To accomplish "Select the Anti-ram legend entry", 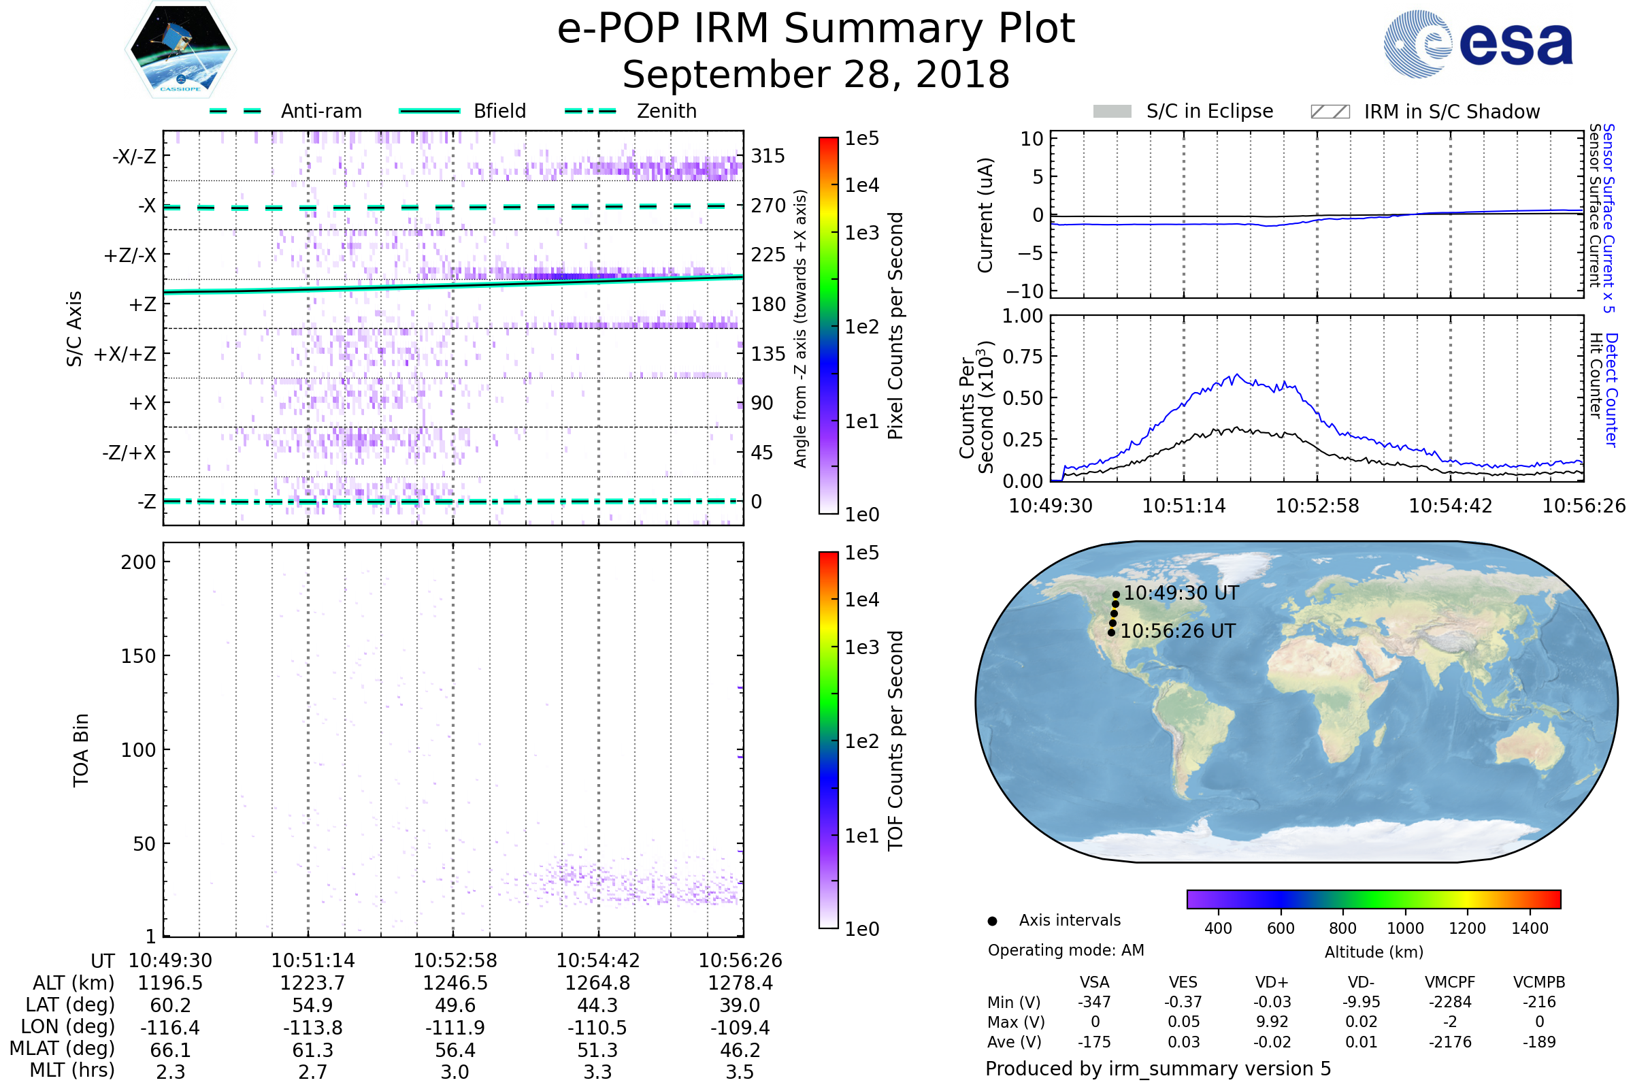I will coord(320,111).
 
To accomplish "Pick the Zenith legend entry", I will coord(666,111).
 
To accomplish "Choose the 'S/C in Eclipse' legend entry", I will coord(1209,111).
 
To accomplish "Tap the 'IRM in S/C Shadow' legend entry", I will coord(1451,112).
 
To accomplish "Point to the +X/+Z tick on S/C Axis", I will coord(125,354).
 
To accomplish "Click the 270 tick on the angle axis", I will coord(768,206).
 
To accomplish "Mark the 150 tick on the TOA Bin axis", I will coord(138,656).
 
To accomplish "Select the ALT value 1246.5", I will coord(455,984).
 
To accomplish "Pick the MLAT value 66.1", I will coord(170,1050).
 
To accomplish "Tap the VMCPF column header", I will coord(1450,983).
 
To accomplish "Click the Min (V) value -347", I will coord(1094,1002).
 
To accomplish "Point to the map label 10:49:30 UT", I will coord(1181,593).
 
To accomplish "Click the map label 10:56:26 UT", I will coord(1178,632).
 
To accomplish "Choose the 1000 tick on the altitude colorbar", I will coord(1404,928).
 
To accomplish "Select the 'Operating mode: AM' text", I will coord(1066,950).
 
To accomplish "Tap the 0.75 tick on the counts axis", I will coord(1023,357).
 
